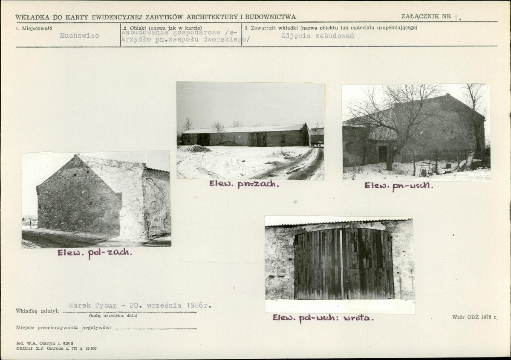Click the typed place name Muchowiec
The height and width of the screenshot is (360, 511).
tap(79, 35)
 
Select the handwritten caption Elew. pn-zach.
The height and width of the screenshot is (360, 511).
tap(244, 185)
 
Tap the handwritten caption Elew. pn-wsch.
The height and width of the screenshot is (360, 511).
tap(399, 186)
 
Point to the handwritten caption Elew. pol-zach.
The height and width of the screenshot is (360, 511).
tap(95, 253)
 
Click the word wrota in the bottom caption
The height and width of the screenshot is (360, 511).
tap(358, 318)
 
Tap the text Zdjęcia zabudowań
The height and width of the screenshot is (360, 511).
tap(318, 36)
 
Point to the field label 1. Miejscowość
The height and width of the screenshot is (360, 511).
tap(34, 29)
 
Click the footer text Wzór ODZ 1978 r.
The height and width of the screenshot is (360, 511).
tap(475, 317)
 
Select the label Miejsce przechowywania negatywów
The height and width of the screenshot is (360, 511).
tap(64, 328)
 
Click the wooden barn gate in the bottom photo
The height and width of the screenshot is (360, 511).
tap(344, 264)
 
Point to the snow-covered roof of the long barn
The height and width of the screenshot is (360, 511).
tap(245, 129)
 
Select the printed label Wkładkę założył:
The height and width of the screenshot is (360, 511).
tap(38, 311)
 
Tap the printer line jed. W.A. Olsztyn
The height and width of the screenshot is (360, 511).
tap(45, 343)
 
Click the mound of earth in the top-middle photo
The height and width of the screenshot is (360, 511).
tap(199, 149)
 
